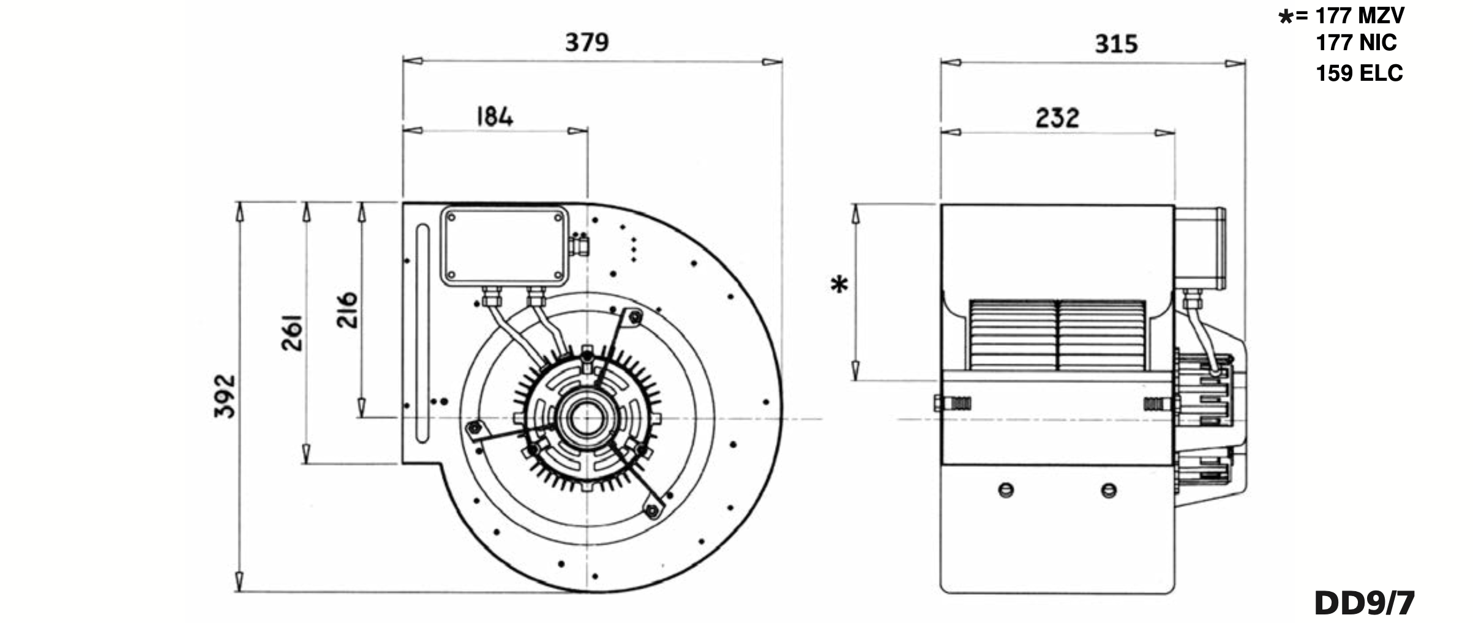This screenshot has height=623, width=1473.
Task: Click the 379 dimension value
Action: (x=587, y=43)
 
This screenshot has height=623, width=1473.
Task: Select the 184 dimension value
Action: (x=495, y=116)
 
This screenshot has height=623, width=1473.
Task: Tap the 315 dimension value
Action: (x=1116, y=44)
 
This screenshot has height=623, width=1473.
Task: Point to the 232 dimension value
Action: (x=1057, y=118)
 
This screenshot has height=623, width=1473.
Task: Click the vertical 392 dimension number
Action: (x=225, y=396)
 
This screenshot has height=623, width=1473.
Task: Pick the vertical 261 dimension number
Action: (x=292, y=332)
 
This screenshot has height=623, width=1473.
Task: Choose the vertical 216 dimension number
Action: (x=347, y=310)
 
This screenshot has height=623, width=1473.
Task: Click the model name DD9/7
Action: (x=1365, y=603)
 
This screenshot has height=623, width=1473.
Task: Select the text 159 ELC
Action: (x=1359, y=73)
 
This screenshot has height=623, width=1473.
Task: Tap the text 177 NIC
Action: (x=1356, y=43)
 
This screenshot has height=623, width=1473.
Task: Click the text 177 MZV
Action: (x=1360, y=15)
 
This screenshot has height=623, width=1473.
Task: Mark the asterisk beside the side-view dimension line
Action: (x=839, y=285)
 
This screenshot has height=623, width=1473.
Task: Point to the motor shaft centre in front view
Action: (x=587, y=419)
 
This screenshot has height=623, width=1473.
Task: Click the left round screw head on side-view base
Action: (x=1006, y=490)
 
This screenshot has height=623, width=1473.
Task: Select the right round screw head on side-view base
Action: (x=1109, y=490)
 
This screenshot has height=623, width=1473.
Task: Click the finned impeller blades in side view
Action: (x=1057, y=335)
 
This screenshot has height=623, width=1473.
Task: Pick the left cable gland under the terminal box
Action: (x=491, y=297)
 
